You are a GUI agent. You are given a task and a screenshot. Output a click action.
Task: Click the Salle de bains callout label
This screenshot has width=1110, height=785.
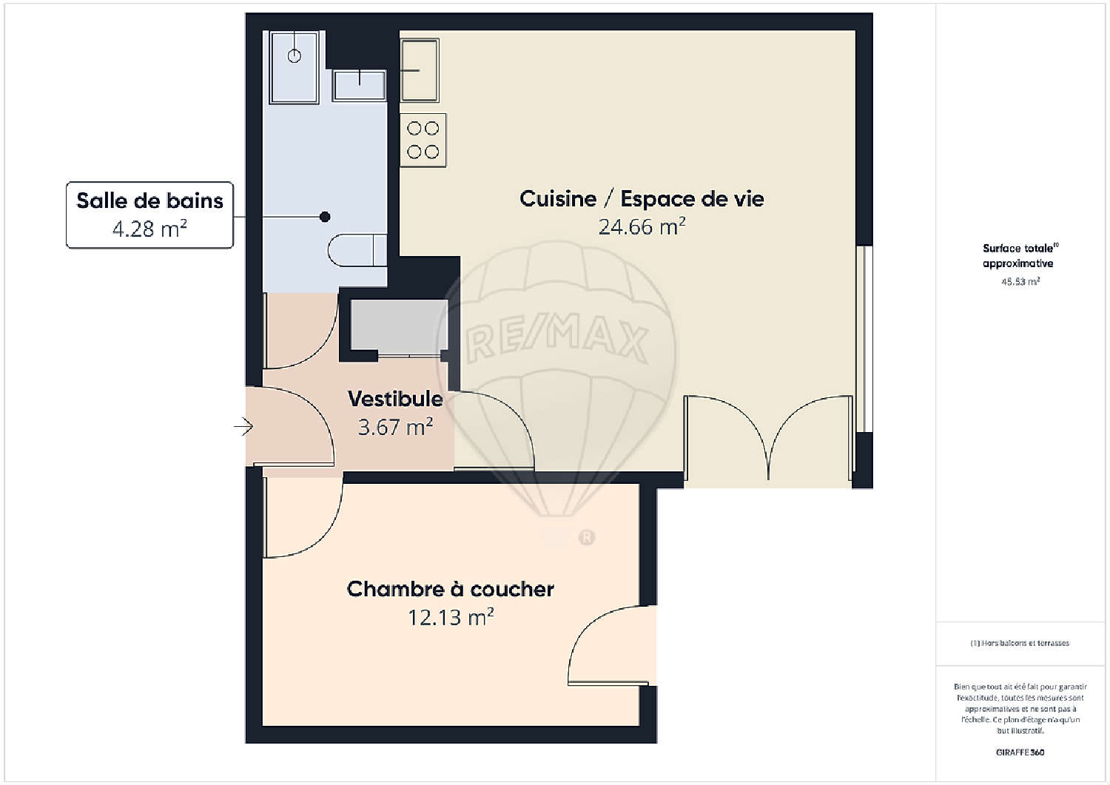tap(149, 215)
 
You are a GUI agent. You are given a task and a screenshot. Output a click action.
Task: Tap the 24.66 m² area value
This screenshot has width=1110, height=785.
tap(642, 226)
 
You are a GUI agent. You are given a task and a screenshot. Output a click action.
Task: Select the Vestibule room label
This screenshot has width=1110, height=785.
tap(395, 399)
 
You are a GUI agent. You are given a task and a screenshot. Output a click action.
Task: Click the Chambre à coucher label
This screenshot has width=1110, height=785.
tap(450, 589)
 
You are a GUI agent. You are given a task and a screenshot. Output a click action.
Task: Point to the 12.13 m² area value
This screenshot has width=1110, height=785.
tap(450, 616)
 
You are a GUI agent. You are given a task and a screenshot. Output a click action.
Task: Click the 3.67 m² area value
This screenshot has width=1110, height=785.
tap(395, 427)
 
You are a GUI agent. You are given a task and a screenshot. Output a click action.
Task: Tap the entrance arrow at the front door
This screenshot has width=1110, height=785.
tap(244, 427)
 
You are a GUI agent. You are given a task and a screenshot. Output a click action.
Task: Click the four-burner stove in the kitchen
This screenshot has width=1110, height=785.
tap(423, 140)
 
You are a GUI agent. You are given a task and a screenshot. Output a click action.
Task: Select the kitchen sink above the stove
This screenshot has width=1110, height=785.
tap(420, 70)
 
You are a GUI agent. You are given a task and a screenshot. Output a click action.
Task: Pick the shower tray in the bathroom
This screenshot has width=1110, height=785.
tap(294, 67)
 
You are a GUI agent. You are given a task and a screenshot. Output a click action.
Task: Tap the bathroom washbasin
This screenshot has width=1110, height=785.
tap(359, 84)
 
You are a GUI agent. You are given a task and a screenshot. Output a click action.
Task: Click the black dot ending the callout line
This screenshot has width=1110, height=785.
tap(325, 217)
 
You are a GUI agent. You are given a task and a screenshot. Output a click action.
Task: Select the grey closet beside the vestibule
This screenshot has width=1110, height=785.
tap(399, 325)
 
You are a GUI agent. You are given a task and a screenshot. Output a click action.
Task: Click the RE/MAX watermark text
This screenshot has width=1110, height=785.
tap(556, 340)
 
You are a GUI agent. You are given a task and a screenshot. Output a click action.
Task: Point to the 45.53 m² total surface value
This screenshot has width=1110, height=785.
tap(1020, 282)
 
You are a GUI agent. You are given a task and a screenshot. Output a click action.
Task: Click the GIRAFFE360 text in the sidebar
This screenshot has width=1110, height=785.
tap(1020, 752)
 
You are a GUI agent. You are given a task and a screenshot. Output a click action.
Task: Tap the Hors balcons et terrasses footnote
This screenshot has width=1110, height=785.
tap(1020, 643)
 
